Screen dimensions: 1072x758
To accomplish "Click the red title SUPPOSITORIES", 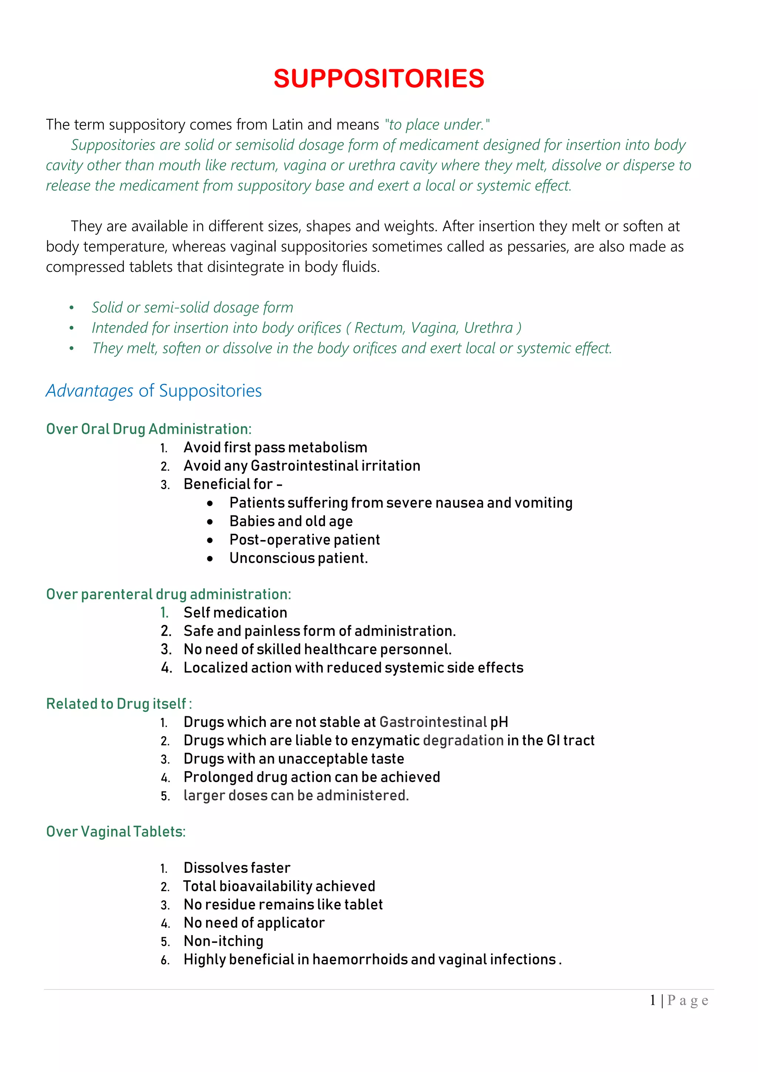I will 379,78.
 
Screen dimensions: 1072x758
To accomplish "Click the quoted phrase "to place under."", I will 437,125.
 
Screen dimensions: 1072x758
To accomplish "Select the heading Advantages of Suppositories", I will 154,391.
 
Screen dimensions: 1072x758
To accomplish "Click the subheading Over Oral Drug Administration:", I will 148,429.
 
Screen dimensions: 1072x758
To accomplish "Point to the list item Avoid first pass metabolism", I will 275,447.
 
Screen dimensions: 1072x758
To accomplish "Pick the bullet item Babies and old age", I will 291,521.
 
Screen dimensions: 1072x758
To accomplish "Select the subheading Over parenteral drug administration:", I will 168,594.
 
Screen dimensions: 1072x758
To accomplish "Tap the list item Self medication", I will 235,613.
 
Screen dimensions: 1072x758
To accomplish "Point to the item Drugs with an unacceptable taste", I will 294,759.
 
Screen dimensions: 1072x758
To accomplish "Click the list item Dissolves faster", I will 237,868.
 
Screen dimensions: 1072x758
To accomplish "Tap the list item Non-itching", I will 223,941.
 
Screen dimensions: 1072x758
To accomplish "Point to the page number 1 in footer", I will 653,1000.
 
